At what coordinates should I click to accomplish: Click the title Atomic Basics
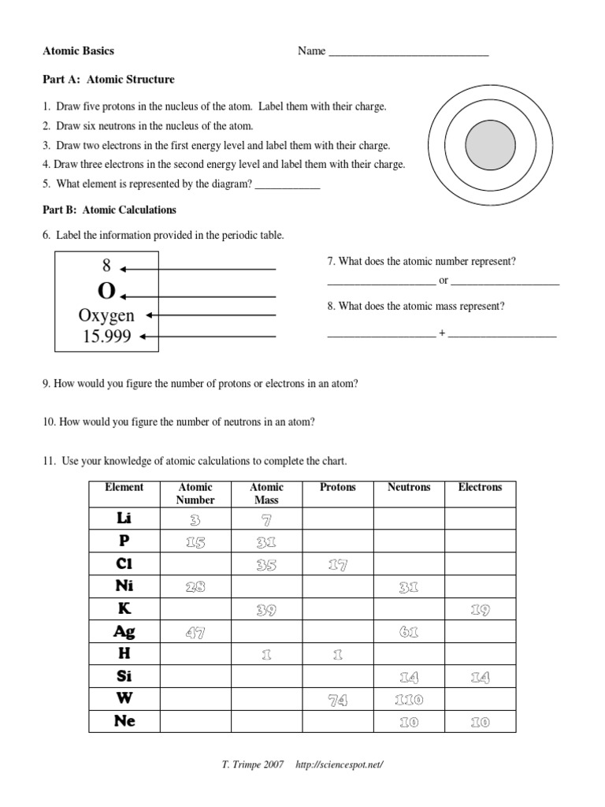78,51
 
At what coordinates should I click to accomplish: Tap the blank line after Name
408,52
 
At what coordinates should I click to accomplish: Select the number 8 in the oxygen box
106,266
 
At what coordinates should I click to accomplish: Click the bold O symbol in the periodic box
106,292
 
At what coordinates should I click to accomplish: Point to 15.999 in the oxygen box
106,337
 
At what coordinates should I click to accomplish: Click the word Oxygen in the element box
106,315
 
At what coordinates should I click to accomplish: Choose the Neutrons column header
409,487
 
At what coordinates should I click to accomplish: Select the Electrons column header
480,487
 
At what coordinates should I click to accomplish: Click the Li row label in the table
124,518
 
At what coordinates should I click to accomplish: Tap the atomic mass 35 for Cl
266,565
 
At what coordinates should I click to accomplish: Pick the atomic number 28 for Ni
195,587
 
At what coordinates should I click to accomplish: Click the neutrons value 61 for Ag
409,632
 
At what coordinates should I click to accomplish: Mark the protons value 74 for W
337,700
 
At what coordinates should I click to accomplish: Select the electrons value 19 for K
480,610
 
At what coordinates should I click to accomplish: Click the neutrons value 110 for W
409,700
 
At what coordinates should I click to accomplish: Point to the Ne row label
124,721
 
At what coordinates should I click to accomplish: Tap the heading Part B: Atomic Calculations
109,210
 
